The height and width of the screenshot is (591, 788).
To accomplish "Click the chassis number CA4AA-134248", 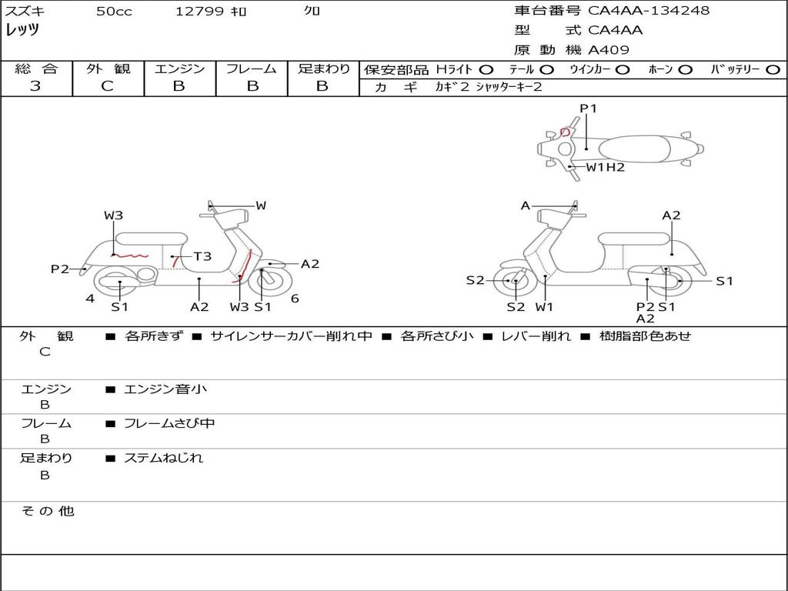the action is [649, 11].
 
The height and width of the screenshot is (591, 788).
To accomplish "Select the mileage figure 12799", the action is [199, 12].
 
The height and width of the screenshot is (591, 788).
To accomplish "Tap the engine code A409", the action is [609, 50].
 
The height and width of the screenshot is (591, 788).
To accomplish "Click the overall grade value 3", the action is [35, 86].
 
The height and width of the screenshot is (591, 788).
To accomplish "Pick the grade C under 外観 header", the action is [107, 86].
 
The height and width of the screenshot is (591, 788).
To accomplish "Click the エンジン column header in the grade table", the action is [179, 68].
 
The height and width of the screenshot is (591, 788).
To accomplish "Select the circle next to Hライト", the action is [486, 70].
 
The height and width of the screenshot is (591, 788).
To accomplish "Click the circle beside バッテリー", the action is [773, 70].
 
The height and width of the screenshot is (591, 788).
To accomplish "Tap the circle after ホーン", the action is [685, 70].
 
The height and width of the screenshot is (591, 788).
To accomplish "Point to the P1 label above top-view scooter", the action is [588, 109].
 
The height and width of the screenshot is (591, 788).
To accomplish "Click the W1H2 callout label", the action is [606, 167].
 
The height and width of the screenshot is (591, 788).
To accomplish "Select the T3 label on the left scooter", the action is [202, 257].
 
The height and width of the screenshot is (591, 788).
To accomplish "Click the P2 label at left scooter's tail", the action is [60, 269].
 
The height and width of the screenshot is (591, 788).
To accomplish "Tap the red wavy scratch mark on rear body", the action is [129, 255].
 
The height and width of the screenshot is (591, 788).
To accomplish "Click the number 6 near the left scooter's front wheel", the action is [295, 299].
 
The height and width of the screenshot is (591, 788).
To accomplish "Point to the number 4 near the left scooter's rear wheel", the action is [90, 299].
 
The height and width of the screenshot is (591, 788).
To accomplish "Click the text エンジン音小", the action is [165, 389].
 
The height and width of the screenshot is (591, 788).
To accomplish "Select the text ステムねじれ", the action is [163, 458].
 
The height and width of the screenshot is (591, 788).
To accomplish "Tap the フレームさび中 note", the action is [169, 424].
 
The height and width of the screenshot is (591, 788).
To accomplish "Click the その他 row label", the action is [48, 511].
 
